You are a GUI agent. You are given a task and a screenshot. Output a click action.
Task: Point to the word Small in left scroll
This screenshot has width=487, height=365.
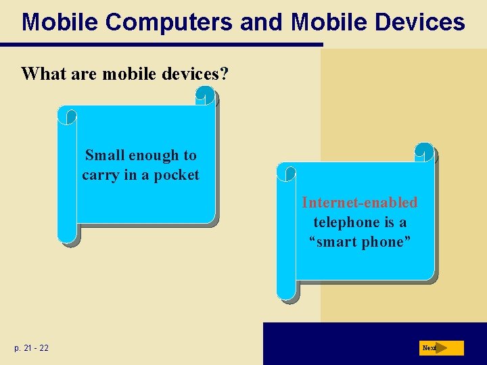(x=105, y=155)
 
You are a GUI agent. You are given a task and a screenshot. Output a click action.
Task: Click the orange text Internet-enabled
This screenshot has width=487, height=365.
(x=360, y=202)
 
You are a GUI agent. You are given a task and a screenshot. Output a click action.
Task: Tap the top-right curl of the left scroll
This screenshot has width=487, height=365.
(x=206, y=99)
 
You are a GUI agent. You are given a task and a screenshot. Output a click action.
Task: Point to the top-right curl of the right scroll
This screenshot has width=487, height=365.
(x=424, y=152)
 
